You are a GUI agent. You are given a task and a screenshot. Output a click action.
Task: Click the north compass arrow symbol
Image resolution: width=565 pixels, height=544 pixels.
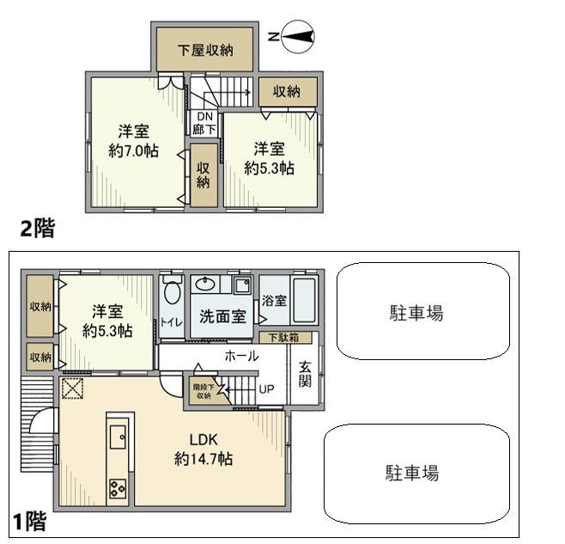(x=294, y=37)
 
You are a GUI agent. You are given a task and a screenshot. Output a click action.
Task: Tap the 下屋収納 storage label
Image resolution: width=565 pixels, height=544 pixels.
(x=205, y=50)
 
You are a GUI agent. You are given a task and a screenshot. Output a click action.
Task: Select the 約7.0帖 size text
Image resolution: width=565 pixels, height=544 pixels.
(x=133, y=151)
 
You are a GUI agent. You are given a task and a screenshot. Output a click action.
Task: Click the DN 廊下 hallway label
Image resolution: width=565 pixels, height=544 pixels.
(x=204, y=122)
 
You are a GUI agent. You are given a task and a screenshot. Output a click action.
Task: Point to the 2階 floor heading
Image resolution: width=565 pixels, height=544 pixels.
(x=38, y=228)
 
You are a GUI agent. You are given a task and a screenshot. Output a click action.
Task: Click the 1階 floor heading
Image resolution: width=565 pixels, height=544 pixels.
(x=28, y=521)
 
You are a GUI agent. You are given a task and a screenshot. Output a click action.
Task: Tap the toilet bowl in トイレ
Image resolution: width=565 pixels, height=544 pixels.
(x=171, y=293)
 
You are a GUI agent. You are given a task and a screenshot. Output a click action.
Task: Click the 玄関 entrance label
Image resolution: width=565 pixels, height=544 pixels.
(x=306, y=376)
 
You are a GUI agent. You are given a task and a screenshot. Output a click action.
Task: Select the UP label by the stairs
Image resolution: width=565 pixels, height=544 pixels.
(x=267, y=388)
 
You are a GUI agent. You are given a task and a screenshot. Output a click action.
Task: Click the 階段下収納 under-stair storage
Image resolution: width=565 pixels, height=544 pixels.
(x=203, y=390)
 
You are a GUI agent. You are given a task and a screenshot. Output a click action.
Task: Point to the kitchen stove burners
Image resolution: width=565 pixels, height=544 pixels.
(x=118, y=490)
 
